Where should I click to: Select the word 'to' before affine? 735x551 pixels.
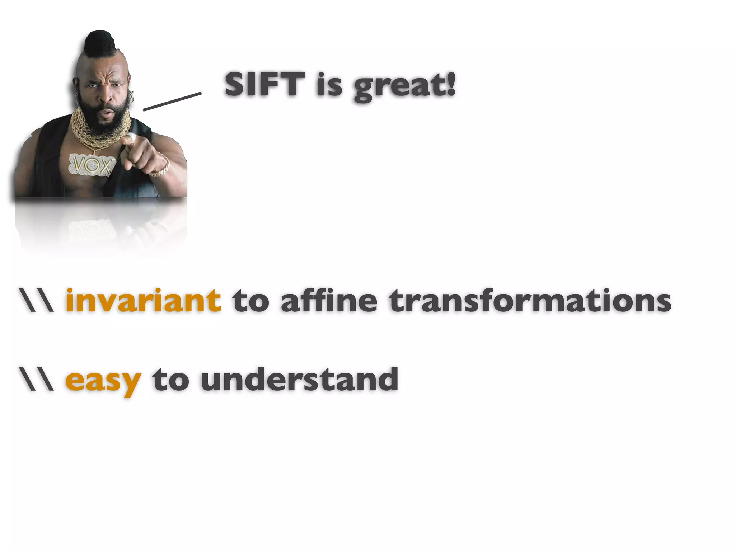(x=251, y=301)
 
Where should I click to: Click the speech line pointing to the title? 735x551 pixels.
(x=172, y=101)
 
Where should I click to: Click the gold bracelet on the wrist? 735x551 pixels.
(x=161, y=169)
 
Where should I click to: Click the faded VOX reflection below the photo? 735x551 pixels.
(x=92, y=230)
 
